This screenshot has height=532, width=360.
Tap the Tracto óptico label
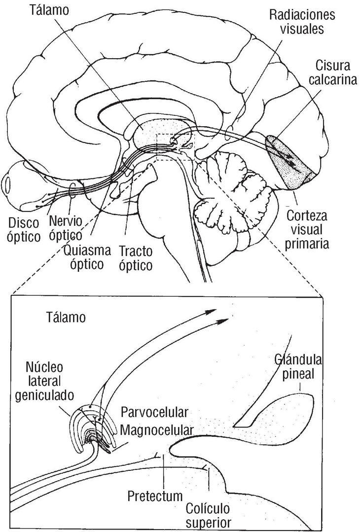tap(135, 258)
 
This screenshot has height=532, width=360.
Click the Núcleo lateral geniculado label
tap(50, 381)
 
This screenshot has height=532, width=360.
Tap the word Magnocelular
tap(156, 430)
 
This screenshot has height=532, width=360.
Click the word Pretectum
tap(154, 495)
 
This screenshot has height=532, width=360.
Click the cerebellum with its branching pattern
tap(232, 192)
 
